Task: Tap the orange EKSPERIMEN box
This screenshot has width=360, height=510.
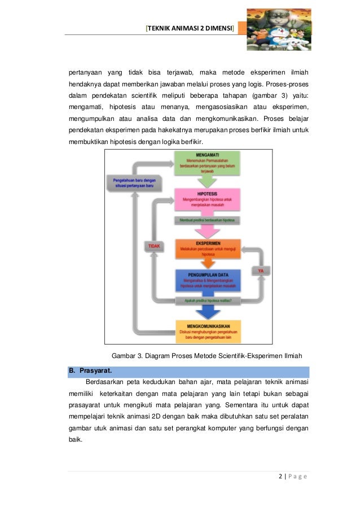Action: [208, 248]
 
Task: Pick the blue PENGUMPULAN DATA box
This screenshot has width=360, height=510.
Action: [208, 280]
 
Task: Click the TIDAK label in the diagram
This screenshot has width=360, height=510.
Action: [153, 246]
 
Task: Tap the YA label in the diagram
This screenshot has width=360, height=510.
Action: [260, 271]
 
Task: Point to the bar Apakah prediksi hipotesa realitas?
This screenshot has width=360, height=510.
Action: [208, 300]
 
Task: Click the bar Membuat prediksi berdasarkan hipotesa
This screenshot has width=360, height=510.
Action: [208, 220]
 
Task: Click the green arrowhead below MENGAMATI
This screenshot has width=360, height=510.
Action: [208, 180]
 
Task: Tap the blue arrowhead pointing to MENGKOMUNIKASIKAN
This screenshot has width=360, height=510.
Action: [208, 313]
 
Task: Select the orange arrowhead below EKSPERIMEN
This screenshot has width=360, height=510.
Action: [208, 263]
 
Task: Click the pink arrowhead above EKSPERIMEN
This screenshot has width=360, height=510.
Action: [208, 232]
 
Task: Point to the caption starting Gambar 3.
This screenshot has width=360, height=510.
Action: [207, 356]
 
